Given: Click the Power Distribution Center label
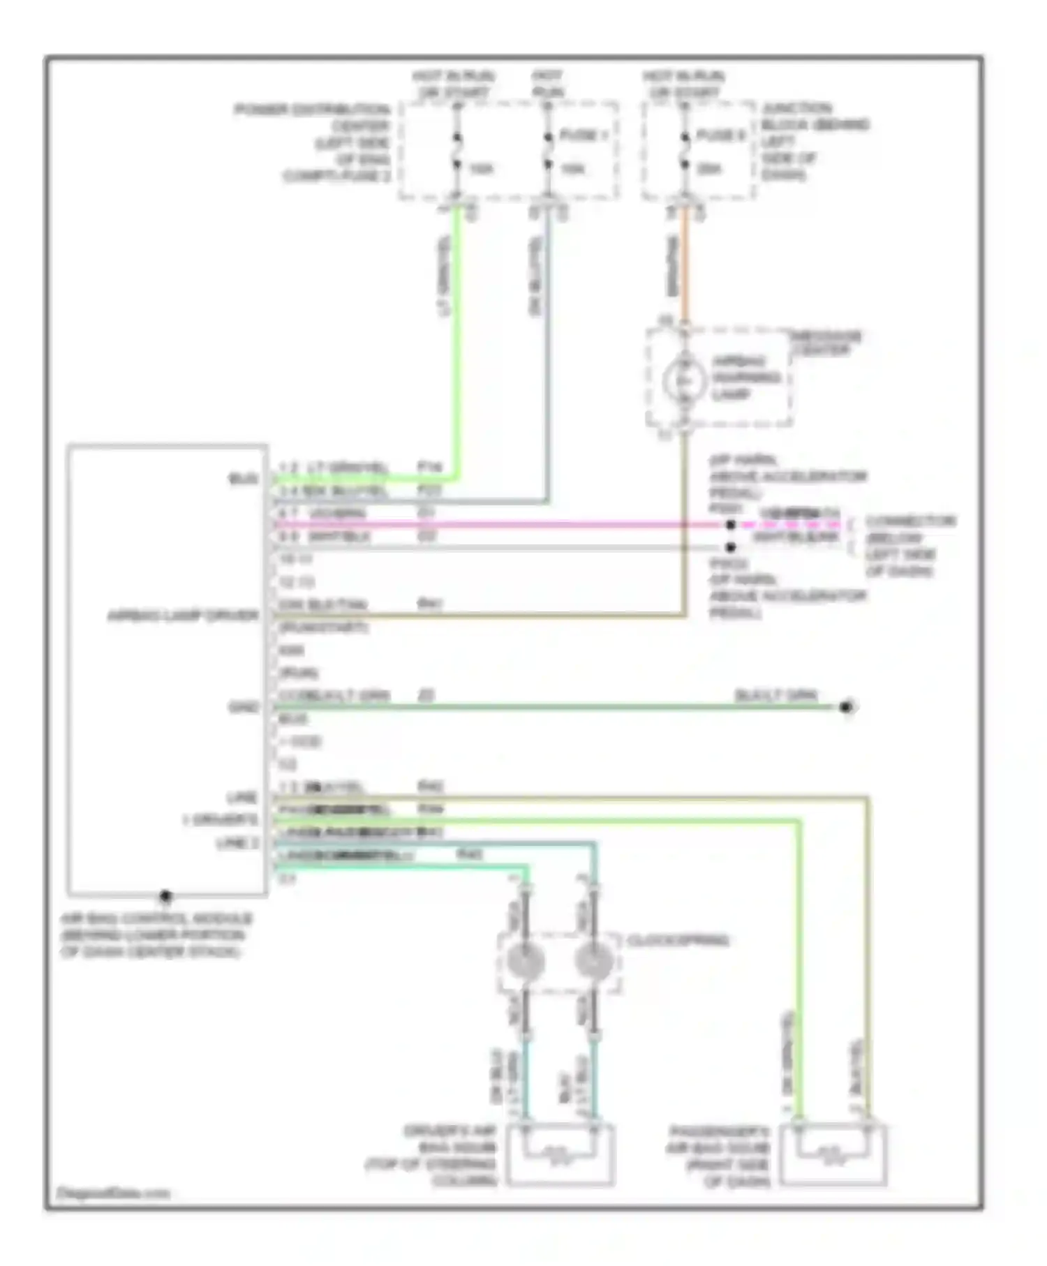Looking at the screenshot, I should pos(313,142).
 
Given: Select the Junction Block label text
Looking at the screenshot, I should pos(813,141).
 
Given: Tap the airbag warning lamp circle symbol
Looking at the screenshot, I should pos(684,380).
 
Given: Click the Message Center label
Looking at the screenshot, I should pos(826,343).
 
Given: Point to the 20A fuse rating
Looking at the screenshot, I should pos(709,168).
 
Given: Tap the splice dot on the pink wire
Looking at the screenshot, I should pos(731,525).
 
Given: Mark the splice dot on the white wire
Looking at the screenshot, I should pos(731,548).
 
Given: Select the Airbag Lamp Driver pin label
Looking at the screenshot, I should pos(183,616).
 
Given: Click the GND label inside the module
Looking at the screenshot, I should pos(244,708).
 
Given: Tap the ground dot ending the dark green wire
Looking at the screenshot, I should pos(847,707).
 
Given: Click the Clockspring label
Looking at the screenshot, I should pos(678,941).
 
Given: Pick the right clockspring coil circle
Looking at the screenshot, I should pos(593,962).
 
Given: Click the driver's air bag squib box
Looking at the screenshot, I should pos(560,1155).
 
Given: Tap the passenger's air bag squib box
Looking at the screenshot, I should pos(833,1155).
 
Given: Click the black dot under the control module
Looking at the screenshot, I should pos(165,895).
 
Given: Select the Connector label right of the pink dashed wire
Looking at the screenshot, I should pos(909,546).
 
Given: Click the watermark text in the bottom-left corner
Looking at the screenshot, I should pos(113,1193).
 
